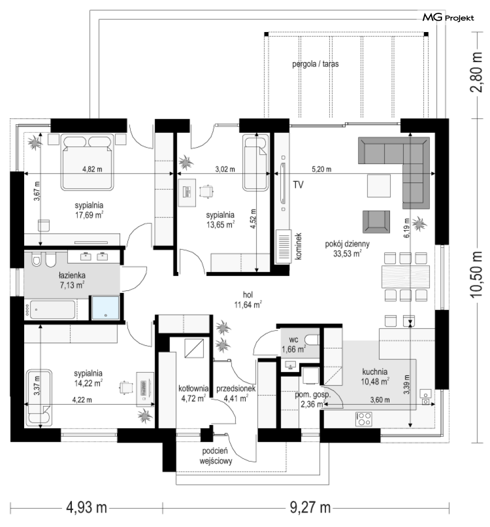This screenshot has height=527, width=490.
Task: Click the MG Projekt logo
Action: coord(448,17)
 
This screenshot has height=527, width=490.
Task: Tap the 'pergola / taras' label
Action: coord(315,64)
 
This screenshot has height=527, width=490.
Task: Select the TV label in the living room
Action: coord(298,184)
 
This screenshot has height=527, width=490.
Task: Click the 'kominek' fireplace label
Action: coord(298,246)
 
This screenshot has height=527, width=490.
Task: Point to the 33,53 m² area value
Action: coord(347,254)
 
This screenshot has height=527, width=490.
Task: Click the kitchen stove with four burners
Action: coord(364,419)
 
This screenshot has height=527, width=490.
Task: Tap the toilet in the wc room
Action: coord(313,340)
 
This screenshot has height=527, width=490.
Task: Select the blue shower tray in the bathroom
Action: coord(105,308)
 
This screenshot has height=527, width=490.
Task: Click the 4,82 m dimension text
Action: coord(92,169)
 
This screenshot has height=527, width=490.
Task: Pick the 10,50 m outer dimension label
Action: coord(476,274)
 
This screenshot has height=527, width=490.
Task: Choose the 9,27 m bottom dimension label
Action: coord(310,507)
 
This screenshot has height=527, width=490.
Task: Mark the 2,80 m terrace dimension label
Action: coord(476,72)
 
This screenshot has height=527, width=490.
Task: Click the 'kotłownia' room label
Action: coord(194,388)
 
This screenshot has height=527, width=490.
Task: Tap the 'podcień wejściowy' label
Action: coord(216,456)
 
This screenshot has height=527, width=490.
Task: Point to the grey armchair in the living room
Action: coord(376,222)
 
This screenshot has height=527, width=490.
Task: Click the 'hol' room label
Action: coord(248,295)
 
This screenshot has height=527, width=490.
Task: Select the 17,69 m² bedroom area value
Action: coord(89,215)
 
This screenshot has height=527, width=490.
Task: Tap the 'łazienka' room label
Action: coord(72,275)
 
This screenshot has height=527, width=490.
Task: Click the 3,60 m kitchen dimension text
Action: coord(380,400)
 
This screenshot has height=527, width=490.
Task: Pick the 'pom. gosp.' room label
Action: coord(313,395)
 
